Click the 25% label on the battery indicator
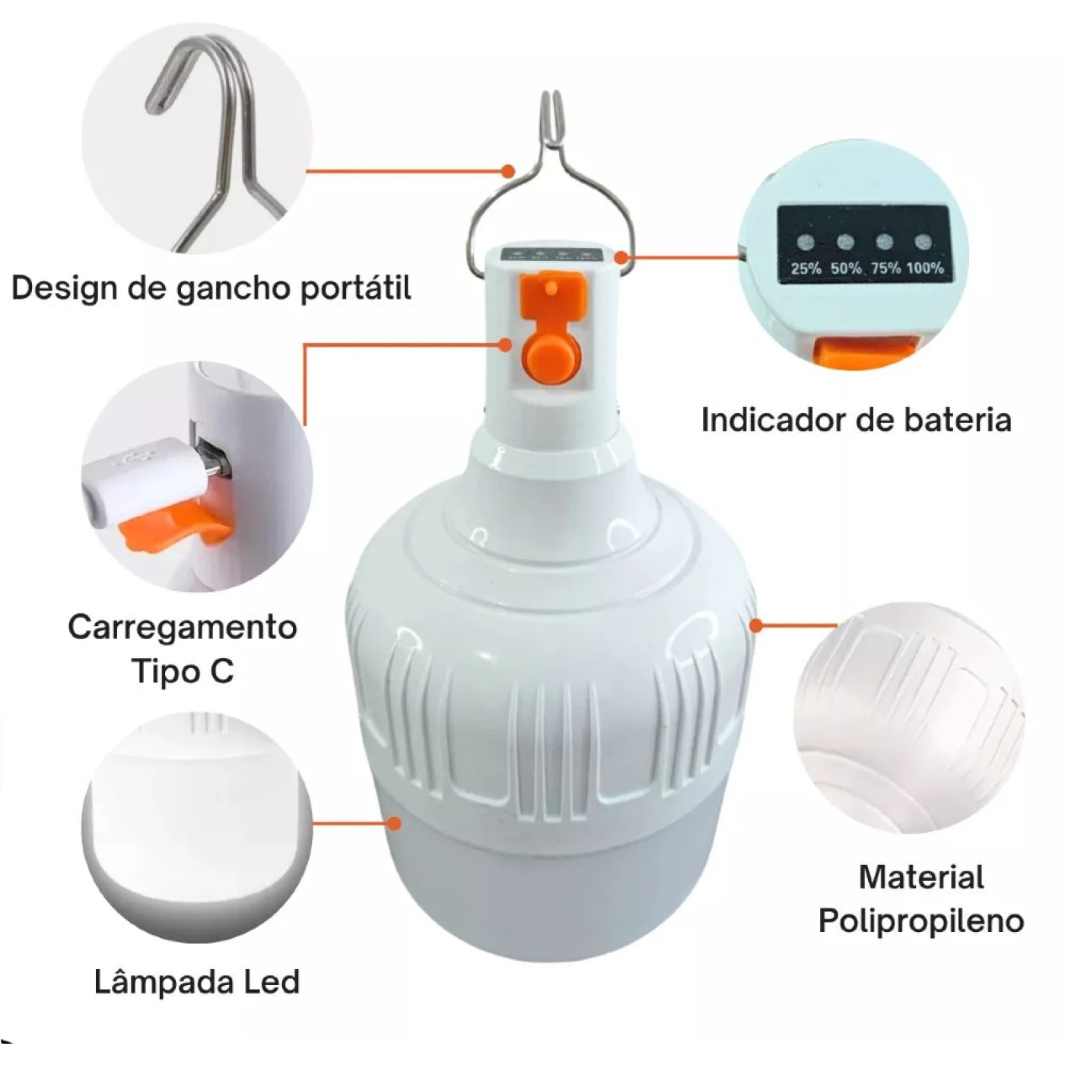pyautogui.click(x=806, y=269)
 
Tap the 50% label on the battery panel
pyautogui.click(x=846, y=269)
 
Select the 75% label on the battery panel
pyautogui.click(x=886, y=268)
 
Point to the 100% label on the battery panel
pyautogui.click(x=925, y=268)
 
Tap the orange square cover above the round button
pyautogui.click(x=552, y=292)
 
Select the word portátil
pyautogui.click(x=355, y=289)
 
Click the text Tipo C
pyautogui.click(x=183, y=671)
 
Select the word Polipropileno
pyautogui.click(x=921, y=922)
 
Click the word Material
pyautogui.click(x=921, y=878)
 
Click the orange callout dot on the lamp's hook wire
pyautogui.click(x=508, y=170)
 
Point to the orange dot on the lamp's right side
pyautogui.click(x=757, y=625)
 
